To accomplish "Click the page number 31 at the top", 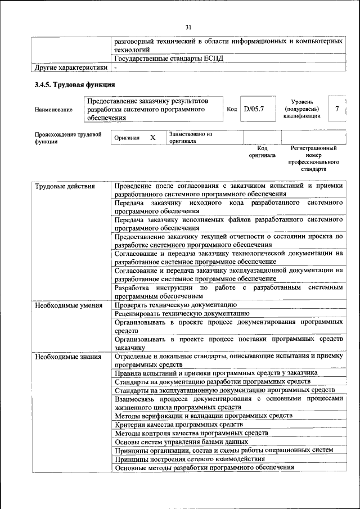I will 188,27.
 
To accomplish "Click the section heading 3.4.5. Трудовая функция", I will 75,84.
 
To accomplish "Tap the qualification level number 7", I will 336,109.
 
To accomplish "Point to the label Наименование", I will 53,109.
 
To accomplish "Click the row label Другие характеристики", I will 71,68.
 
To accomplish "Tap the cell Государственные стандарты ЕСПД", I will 169,59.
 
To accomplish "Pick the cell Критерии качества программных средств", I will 179,425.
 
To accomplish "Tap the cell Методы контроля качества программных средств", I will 190,433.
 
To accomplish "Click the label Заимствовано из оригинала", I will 190,138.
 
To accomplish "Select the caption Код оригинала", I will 262,151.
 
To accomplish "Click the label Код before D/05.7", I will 231,109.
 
